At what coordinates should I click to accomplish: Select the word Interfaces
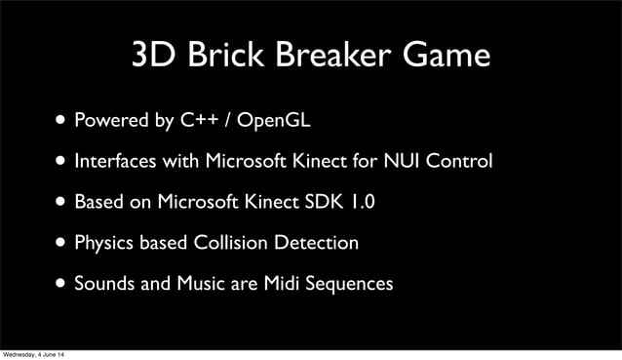[x=118, y=161]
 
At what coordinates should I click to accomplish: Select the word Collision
[x=232, y=242]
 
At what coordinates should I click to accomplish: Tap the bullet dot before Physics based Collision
[x=62, y=243]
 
